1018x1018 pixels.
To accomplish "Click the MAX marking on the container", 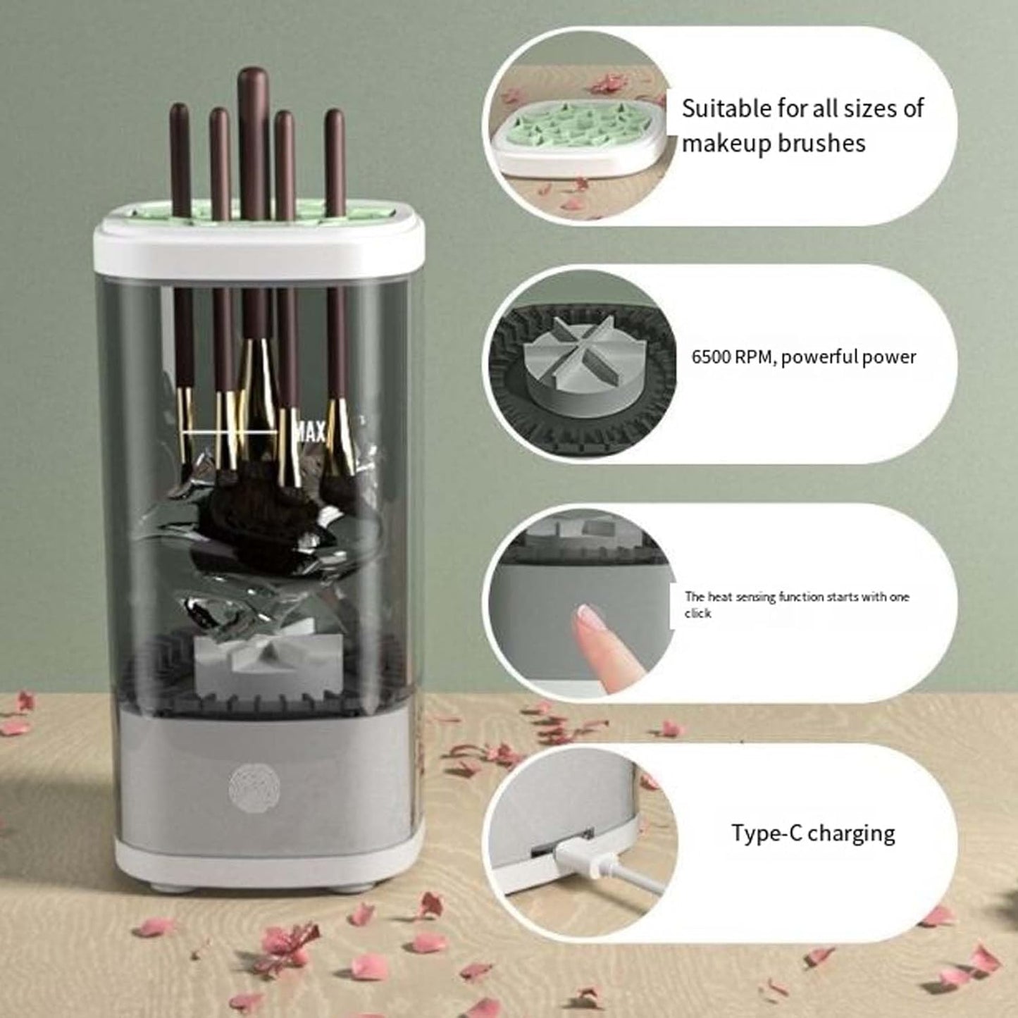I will (x=309, y=431).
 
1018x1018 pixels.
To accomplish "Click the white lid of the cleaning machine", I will (x=259, y=247).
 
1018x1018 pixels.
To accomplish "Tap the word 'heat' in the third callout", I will (x=719, y=597).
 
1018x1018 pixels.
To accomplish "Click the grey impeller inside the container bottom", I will (x=240, y=662).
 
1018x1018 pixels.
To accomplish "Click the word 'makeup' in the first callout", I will (x=726, y=143).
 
